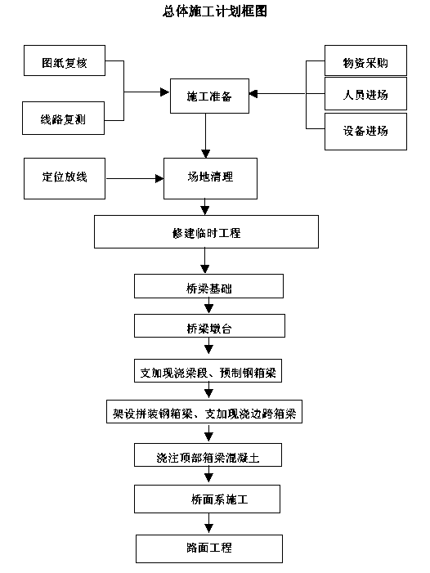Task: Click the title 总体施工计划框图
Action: coord(215,11)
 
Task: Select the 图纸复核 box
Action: coord(65,60)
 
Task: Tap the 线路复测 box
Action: coord(63,118)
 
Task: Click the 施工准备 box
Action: coord(210,96)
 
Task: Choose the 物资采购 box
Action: coord(365,60)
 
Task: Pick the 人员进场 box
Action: coord(365,93)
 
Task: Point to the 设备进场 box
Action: coord(365,132)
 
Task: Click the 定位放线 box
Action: coord(65,179)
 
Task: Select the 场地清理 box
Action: coord(210,179)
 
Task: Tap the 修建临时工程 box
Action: coord(206,231)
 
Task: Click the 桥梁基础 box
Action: coord(208,286)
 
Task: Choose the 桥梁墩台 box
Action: coord(209,325)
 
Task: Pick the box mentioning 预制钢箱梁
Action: coord(208,371)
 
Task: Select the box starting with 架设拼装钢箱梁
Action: coord(204,411)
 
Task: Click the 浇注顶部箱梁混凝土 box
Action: coord(208,455)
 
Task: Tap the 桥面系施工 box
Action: coord(207,499)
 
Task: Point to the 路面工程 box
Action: coord(209,548)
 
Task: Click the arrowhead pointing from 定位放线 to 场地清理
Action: coord(159,179)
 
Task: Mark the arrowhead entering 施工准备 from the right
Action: coord(253,93)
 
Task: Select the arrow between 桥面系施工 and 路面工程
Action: coord(208,523)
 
